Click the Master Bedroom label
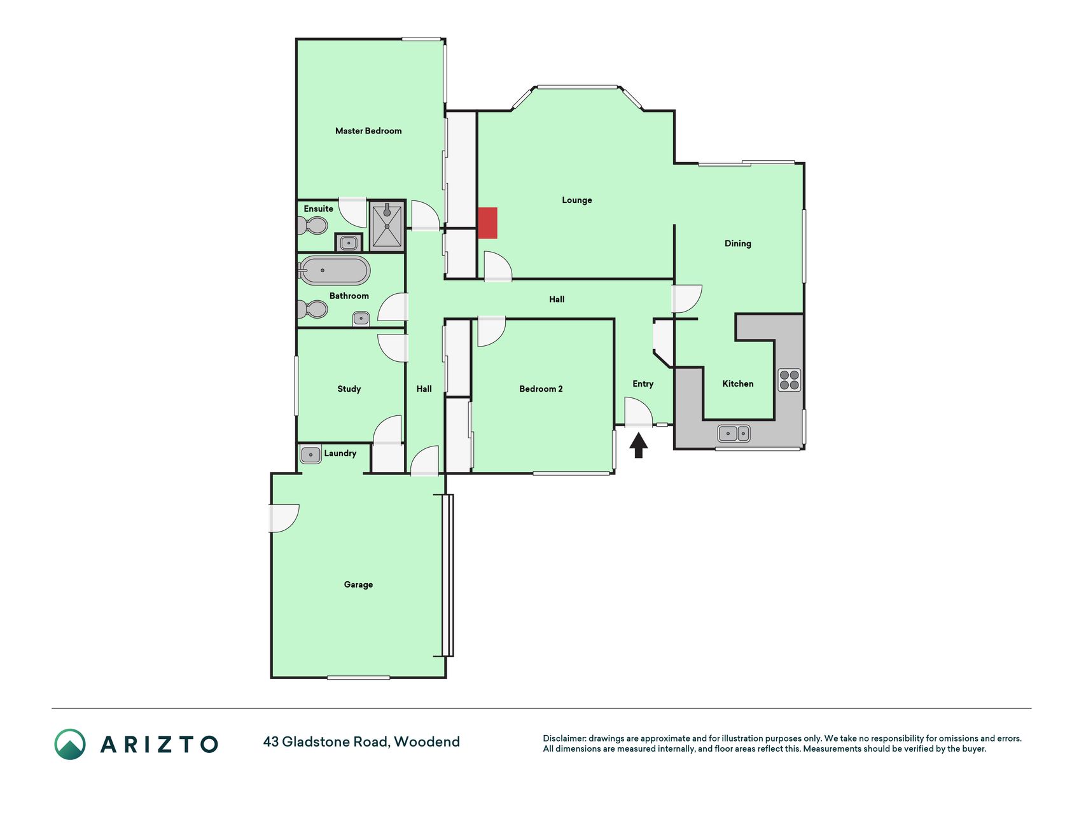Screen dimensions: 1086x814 [x=368, y=131]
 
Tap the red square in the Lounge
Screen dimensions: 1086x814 [x=487, y=223]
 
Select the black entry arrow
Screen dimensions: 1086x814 [x=639, y=445]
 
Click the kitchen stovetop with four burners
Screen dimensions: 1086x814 [x=790, y=380]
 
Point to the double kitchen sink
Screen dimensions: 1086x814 [x=734, y=433]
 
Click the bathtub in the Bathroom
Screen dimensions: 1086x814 [x=334, y=271]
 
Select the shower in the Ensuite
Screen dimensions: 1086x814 [x=387, y=226]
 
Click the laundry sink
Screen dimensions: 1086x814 [x=310, y=455]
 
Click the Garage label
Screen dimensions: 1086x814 [x=358, y=584]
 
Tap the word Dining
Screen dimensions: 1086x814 [x=738, y=244]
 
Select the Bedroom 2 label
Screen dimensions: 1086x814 [x=541, y=389]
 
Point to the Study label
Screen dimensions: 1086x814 [x=349, y=389]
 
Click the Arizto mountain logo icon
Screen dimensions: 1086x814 [x=70, y=744]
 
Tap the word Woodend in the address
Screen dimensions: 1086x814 [x=427, y=742]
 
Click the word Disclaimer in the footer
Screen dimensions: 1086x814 [x=564, y=738]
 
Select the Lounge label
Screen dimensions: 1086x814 [x=577, y=200]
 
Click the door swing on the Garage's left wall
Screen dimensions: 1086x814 [x=284, y=518]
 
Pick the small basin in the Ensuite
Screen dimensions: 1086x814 [x=348, y=242]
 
